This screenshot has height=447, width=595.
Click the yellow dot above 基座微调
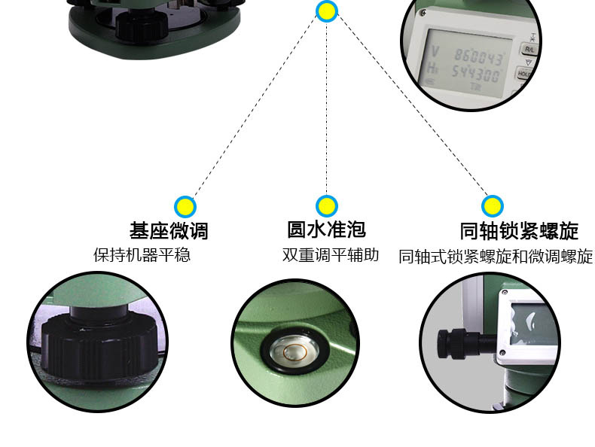point(185,206)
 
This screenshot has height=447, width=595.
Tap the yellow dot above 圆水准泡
point(326,205)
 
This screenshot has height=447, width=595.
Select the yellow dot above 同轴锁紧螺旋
point(493,205)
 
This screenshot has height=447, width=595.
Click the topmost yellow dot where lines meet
point(326,11)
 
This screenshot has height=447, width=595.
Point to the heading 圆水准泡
point(326,228)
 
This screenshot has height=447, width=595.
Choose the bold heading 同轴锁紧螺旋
point(519,230)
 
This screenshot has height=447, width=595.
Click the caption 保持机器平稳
point(142,255)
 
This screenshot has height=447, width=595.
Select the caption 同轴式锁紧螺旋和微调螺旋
point(496,257)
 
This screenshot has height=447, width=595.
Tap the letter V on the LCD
point(436,53)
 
